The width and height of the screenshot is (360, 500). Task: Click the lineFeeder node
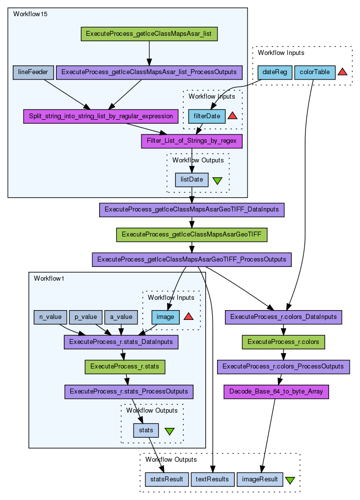(x=33, y=73)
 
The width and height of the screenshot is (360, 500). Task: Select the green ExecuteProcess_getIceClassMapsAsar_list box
(x=149, y=34)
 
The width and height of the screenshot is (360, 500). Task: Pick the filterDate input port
(x=207, y=116)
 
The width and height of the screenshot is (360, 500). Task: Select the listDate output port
(x=192, y=180)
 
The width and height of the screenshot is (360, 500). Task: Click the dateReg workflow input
(x=275, y=72)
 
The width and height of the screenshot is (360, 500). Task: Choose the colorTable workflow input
(x=315, y=72)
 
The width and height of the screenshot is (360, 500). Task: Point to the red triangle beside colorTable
(x=343, y=72)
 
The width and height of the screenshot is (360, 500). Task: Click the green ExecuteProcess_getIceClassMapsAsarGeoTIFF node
(x=191, y=235)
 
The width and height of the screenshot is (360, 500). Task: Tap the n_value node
(x=50, y=317)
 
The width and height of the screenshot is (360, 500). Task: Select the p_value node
(x=86, y=317)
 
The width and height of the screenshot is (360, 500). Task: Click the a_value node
(x=121, y=317)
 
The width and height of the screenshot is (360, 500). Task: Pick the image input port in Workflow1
(x=166, y=317)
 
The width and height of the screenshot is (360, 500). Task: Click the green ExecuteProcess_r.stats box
(x=125, y=367)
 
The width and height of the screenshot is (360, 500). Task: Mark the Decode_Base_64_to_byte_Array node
(x=276, y=392)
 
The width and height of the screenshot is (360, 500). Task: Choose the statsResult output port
(x=167, y=479)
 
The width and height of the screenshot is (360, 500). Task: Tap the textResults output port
(x=212, y=479)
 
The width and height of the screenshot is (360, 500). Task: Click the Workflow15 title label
(x=30, y=14)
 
